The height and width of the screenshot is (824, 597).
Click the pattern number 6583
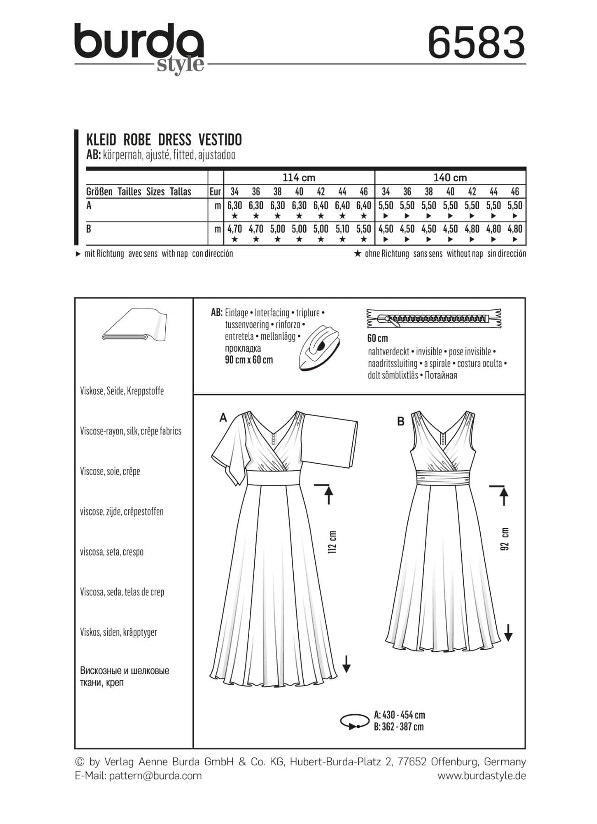tap(476, 42)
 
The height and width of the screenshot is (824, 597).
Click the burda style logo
tap(139, 47)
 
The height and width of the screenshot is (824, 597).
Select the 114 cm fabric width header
tap(299, 178)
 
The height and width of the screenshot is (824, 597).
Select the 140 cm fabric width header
tap(450, 178)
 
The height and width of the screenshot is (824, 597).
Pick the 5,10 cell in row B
tap(342, 229)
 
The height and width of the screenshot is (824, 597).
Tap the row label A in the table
tap(89, 206)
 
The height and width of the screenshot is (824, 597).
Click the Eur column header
tap(215, 191)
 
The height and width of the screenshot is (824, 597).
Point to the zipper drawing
tap(433, 319)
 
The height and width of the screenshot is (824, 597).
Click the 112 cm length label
tap(333, 542)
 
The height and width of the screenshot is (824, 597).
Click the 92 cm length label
tap(505, 539)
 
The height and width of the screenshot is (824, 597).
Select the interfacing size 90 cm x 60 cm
tap(249, 360)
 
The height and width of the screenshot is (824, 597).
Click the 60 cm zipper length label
tap(378, 338)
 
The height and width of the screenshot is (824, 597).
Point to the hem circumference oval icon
tap(355, 721)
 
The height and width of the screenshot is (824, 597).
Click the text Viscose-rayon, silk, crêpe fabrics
tap(131, 431)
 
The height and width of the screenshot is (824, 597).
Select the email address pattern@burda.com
tap(155, 776)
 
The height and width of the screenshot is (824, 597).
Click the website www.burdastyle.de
tap(482, 776)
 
